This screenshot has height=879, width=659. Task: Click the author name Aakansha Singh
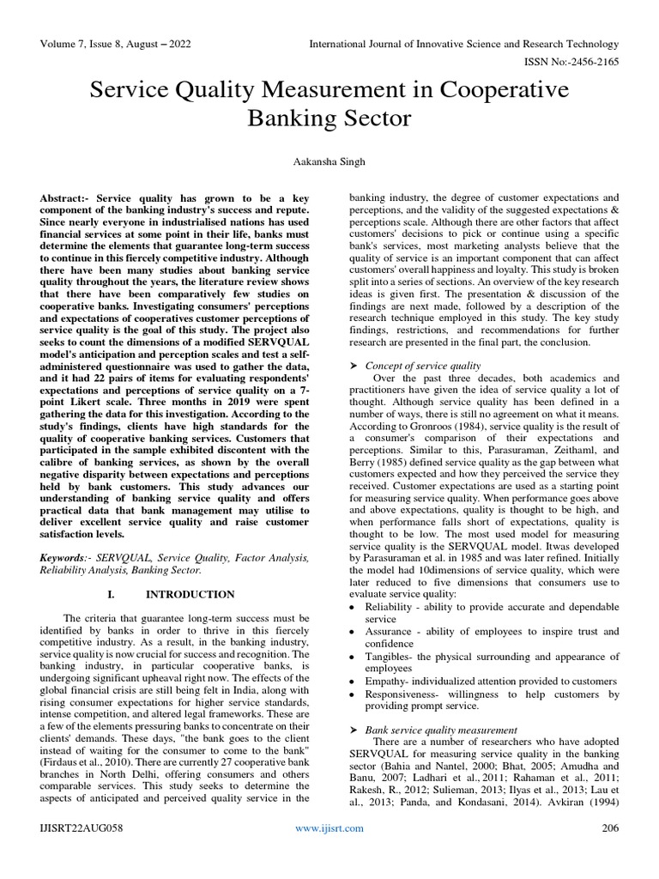pos(329,161)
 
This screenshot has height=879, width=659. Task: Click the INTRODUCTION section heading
pos(190,594)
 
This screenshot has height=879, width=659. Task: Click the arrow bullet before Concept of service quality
pos(353,365)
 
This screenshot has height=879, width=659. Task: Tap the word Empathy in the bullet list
pos(388,680)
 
